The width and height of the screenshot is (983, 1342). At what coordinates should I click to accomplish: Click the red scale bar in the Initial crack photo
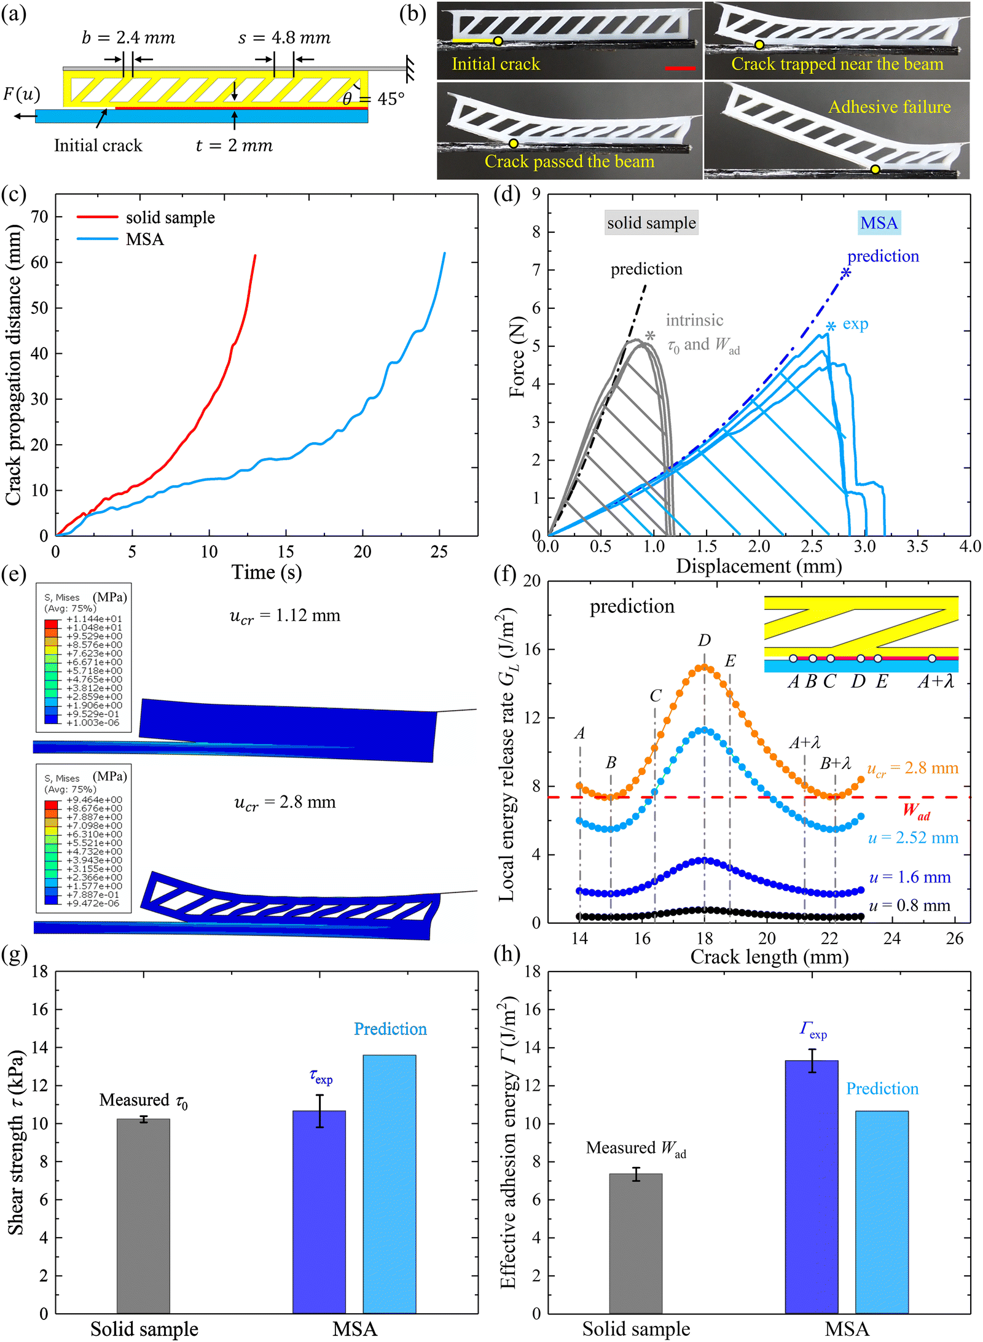pos(680,68)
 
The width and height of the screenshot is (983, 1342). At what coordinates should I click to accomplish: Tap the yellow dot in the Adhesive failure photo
pos(875,170)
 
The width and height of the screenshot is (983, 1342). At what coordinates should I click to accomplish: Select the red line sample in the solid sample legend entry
pos(97,217)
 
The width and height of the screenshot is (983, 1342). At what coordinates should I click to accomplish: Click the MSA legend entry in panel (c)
pos(120,239)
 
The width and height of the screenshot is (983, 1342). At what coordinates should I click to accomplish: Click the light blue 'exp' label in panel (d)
pos(855,324)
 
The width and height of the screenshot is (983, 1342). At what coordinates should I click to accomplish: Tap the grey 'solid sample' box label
pos(651,222)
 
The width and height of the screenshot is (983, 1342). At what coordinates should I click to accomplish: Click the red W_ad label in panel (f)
pos(917,811)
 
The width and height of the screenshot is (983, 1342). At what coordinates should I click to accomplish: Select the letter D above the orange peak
pos(705,641)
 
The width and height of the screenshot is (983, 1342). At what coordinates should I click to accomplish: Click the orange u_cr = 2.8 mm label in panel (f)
pos(912,768)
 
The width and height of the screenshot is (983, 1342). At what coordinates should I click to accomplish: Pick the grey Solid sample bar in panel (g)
pos(143,1216)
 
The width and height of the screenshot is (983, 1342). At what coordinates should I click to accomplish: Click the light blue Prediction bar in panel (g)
pos(389,1184)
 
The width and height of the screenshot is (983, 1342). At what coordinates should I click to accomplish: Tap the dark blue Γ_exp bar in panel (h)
pos(811,1187)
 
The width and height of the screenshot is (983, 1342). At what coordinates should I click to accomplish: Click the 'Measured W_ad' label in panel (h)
pos(636,1149)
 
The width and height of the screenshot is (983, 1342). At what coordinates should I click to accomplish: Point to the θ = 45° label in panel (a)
pos(374,99)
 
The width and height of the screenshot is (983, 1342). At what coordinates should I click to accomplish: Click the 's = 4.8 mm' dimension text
pos(284,38)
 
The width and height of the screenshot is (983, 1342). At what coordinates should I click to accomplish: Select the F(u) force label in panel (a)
pos(22,94)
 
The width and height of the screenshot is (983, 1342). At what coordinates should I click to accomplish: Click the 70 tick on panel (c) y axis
pos(39,217)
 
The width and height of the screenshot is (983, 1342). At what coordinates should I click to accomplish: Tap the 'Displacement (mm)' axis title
pos(759,566)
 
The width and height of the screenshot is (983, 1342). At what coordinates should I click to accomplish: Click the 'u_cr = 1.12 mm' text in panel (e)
pos(285,616)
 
